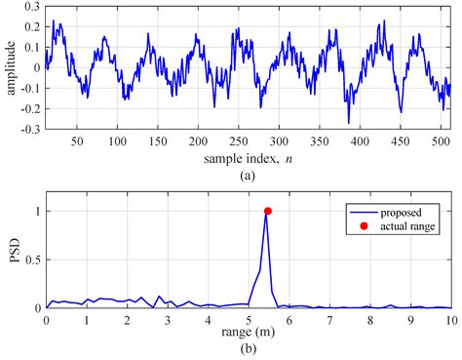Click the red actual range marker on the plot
click(267, 211)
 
